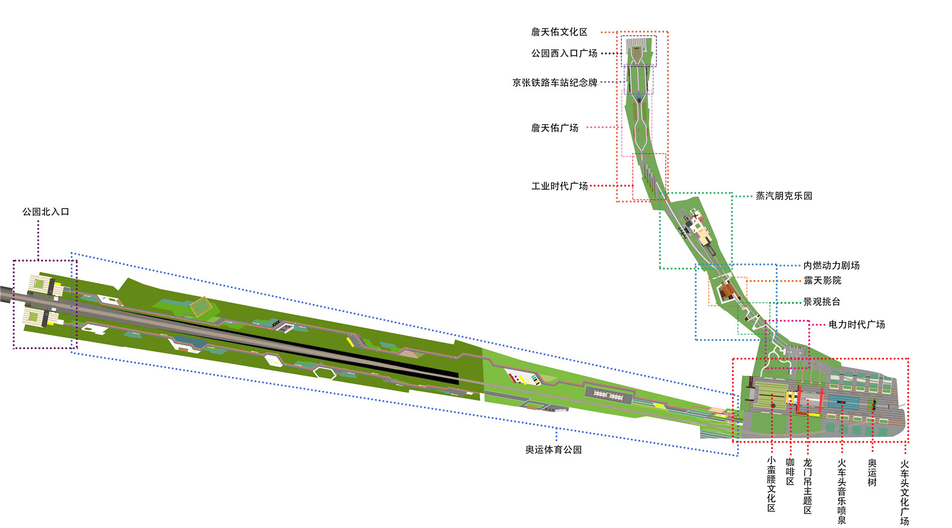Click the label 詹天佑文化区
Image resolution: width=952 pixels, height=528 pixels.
tap(559, 32)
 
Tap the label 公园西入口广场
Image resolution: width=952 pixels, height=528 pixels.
tap(563, 54)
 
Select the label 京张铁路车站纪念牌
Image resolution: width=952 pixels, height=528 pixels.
tap(555, 83)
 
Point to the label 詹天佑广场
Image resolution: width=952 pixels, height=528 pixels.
tap(555, 128)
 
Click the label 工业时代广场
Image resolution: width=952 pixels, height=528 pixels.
tap(559, 186)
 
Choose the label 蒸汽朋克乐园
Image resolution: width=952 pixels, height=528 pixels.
tap(784, 196)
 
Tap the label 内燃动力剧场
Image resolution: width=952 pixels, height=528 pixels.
tap(831, 265)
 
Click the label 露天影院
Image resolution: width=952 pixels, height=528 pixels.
tap(822, 280)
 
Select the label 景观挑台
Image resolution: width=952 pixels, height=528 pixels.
tap(822, 302)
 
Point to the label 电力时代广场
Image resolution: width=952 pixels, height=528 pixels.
tap(856, 324)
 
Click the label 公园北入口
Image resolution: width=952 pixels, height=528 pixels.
tap(46, 212)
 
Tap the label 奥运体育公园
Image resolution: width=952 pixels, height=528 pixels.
tap(553, 450)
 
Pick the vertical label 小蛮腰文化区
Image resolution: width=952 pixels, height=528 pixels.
tap(771, 484)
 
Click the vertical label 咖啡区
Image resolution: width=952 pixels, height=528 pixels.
tap(790, 471)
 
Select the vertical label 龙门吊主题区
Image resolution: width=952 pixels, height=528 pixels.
tap(807, 486)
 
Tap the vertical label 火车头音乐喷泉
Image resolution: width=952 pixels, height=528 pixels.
tap(842, 491)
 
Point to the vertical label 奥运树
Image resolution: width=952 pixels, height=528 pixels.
tap(872, 473)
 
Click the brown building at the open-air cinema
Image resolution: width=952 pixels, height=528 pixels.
tap(728, 291)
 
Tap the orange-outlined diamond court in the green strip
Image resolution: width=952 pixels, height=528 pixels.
tap(201, 306)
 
